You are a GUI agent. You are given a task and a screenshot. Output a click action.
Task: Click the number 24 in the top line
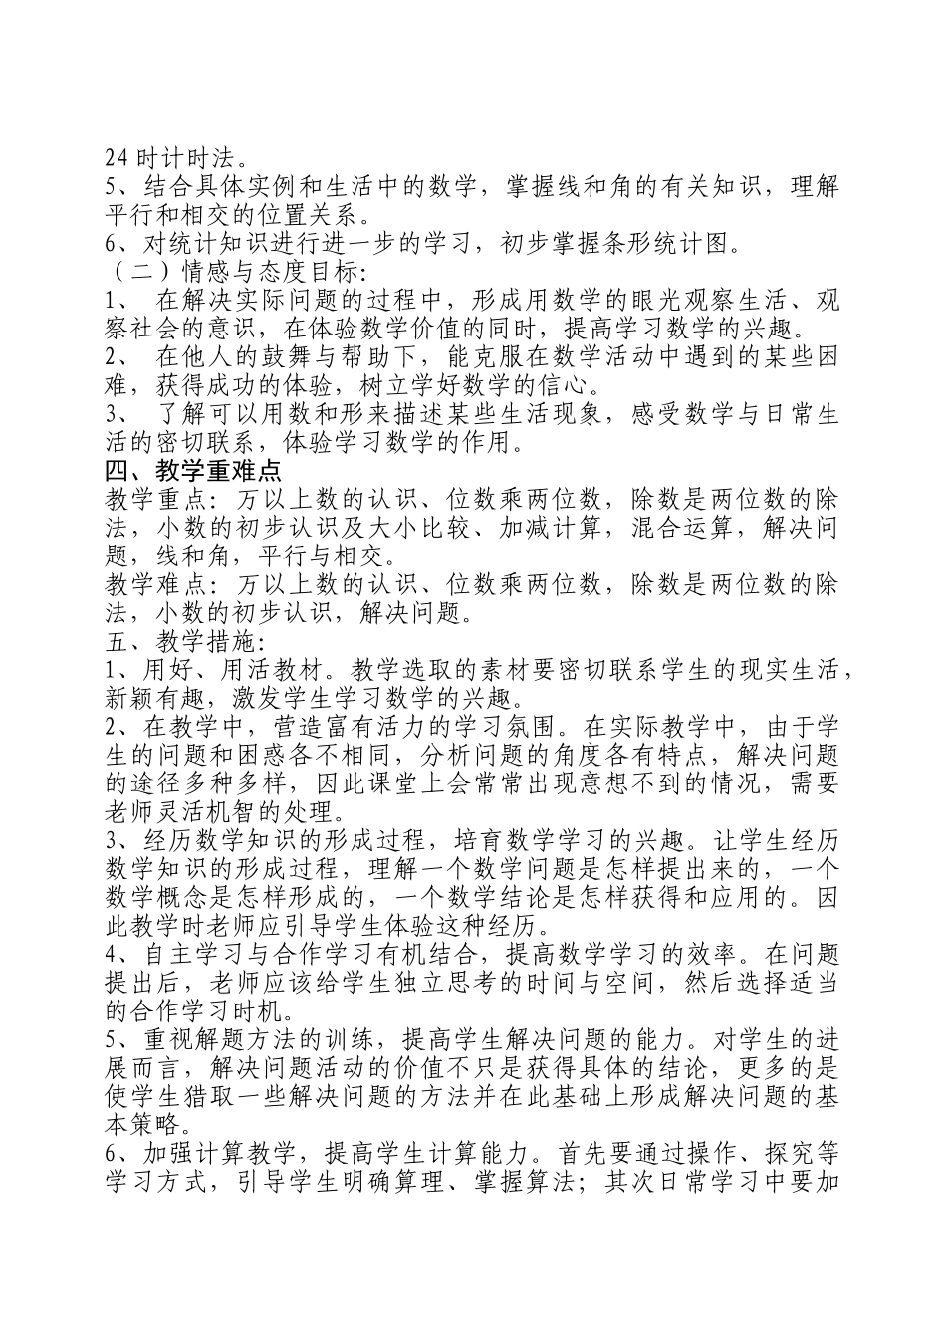pyautogui.click(x=117, y=157)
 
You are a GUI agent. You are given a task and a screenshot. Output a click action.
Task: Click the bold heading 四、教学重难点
pyautogui.click(x=193, y=471)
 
